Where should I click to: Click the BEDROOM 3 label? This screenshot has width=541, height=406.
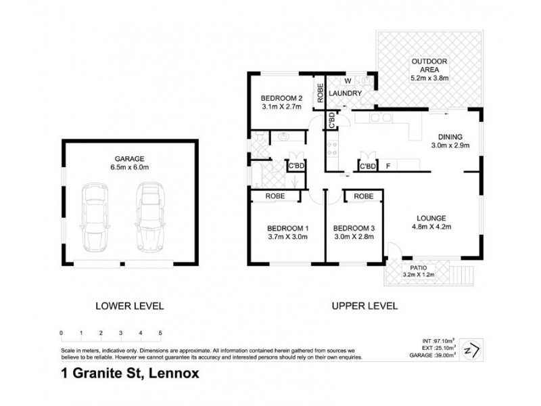(x=354, y=232)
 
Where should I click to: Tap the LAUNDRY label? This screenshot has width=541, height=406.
(x=346, y=93)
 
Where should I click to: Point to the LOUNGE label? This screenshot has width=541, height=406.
(x=431, y=222)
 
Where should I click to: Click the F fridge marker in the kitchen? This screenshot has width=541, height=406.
(x=387, y=165)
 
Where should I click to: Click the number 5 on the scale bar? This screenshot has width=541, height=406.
(x=160, y=332)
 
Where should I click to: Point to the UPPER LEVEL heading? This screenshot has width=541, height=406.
(x=364, y=305)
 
